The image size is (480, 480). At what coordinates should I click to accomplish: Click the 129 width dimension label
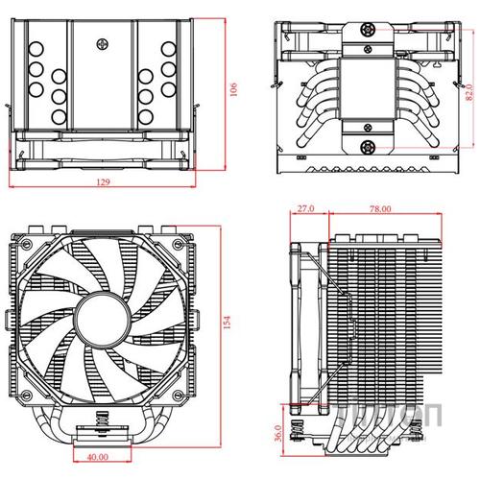click(102, 181)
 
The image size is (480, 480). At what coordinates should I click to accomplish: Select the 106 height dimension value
click(233, 89)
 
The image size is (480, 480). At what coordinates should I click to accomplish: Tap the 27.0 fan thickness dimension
click(306, 208)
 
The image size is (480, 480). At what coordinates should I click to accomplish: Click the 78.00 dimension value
click(379, 208)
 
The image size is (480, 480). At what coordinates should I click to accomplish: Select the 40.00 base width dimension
click(96, 458)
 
